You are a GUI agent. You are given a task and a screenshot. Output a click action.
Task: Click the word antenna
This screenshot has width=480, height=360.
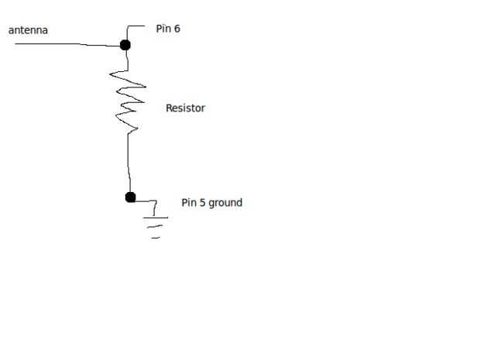click(x=29, y=30)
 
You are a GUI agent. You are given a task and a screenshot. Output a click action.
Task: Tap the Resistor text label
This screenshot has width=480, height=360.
click(x=185, y=108)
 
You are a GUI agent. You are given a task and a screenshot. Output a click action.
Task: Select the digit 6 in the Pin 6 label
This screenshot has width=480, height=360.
click(x=177, y=29)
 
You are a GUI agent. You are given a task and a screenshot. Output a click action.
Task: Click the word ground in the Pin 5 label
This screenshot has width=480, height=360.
click(x=225, y=203)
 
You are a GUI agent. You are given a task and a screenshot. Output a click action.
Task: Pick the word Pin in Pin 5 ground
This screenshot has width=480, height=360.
click(x=189, y=203)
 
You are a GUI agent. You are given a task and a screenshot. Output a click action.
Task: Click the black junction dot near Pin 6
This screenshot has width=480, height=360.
click(x=125, y=45)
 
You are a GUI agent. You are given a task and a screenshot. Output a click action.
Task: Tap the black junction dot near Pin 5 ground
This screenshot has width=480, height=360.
click(x=130, y=197)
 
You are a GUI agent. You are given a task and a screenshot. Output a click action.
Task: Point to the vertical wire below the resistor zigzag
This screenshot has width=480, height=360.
click(x=129, y=163)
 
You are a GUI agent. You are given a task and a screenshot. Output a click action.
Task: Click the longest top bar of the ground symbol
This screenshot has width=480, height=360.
click(x=155, y=217)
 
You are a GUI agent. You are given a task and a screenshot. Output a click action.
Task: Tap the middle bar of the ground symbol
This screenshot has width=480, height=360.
click(x=156, y=228)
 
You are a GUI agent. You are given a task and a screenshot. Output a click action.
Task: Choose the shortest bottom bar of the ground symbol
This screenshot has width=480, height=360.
click(x=156, y=237)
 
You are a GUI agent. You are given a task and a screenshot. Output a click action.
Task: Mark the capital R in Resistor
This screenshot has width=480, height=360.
click(x=170, y=108)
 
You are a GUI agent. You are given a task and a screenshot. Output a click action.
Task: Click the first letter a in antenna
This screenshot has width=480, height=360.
click(x=11, y=31)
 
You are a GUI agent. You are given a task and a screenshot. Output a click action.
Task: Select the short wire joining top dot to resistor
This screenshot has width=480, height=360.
click(x=125, y=59)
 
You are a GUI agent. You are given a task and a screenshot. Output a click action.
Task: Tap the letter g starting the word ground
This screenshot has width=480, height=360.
click(x=212, y=204)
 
